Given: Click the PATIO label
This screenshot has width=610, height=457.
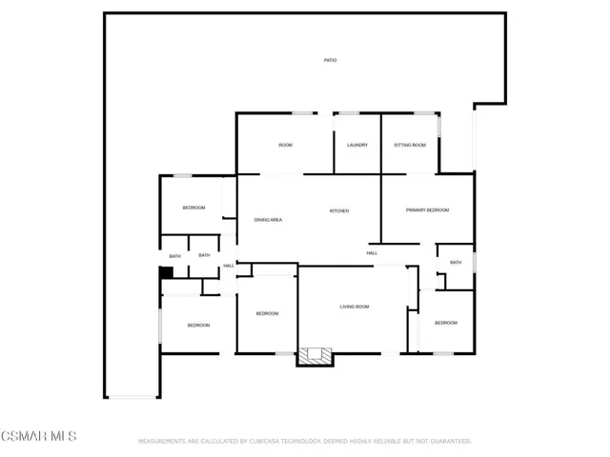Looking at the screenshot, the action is tap(331, 60).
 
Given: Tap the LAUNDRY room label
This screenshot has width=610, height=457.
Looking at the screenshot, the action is tap(357, 145).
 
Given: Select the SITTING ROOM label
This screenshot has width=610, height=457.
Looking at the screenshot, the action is tap(410, 145).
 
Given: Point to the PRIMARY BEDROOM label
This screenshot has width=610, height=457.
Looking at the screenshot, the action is tap(427, 209).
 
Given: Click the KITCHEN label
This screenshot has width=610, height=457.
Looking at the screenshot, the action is tap(339, 210).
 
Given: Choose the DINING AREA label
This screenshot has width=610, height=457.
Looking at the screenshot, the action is tap(268, 220).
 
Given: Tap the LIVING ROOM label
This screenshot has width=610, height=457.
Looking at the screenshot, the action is tap(355, 307).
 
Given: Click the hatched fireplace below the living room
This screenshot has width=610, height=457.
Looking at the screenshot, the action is tap(315, 356).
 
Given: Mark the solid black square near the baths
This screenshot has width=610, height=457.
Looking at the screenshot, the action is tap(167, 272).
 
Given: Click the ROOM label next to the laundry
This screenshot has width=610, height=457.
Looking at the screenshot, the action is tap(285, 145).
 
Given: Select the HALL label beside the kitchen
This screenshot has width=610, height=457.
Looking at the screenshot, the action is tap(372, 253).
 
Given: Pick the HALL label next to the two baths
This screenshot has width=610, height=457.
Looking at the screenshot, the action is tap(229, 266).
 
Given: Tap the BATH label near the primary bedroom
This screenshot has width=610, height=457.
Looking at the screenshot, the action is tap(456, 263).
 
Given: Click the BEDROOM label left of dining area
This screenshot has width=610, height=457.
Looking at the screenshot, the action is tap(193, 208).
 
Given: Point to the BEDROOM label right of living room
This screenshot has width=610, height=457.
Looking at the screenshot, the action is tap(446, 323).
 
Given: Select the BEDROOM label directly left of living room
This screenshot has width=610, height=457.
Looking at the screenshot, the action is tap(267, 313).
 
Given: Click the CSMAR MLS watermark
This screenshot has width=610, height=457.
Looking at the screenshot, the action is tap(39, 436).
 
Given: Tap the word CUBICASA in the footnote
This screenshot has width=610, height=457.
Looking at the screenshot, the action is tap(263, 441).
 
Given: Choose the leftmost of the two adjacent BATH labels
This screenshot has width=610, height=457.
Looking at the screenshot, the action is tap(175, 256).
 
